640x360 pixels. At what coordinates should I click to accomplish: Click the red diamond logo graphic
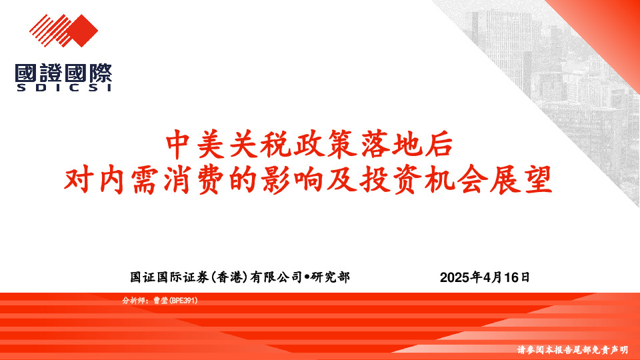63,31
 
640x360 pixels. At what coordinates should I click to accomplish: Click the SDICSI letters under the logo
63,87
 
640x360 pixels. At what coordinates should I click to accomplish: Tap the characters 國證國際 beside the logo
63,72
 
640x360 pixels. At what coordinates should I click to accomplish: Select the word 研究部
331,277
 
